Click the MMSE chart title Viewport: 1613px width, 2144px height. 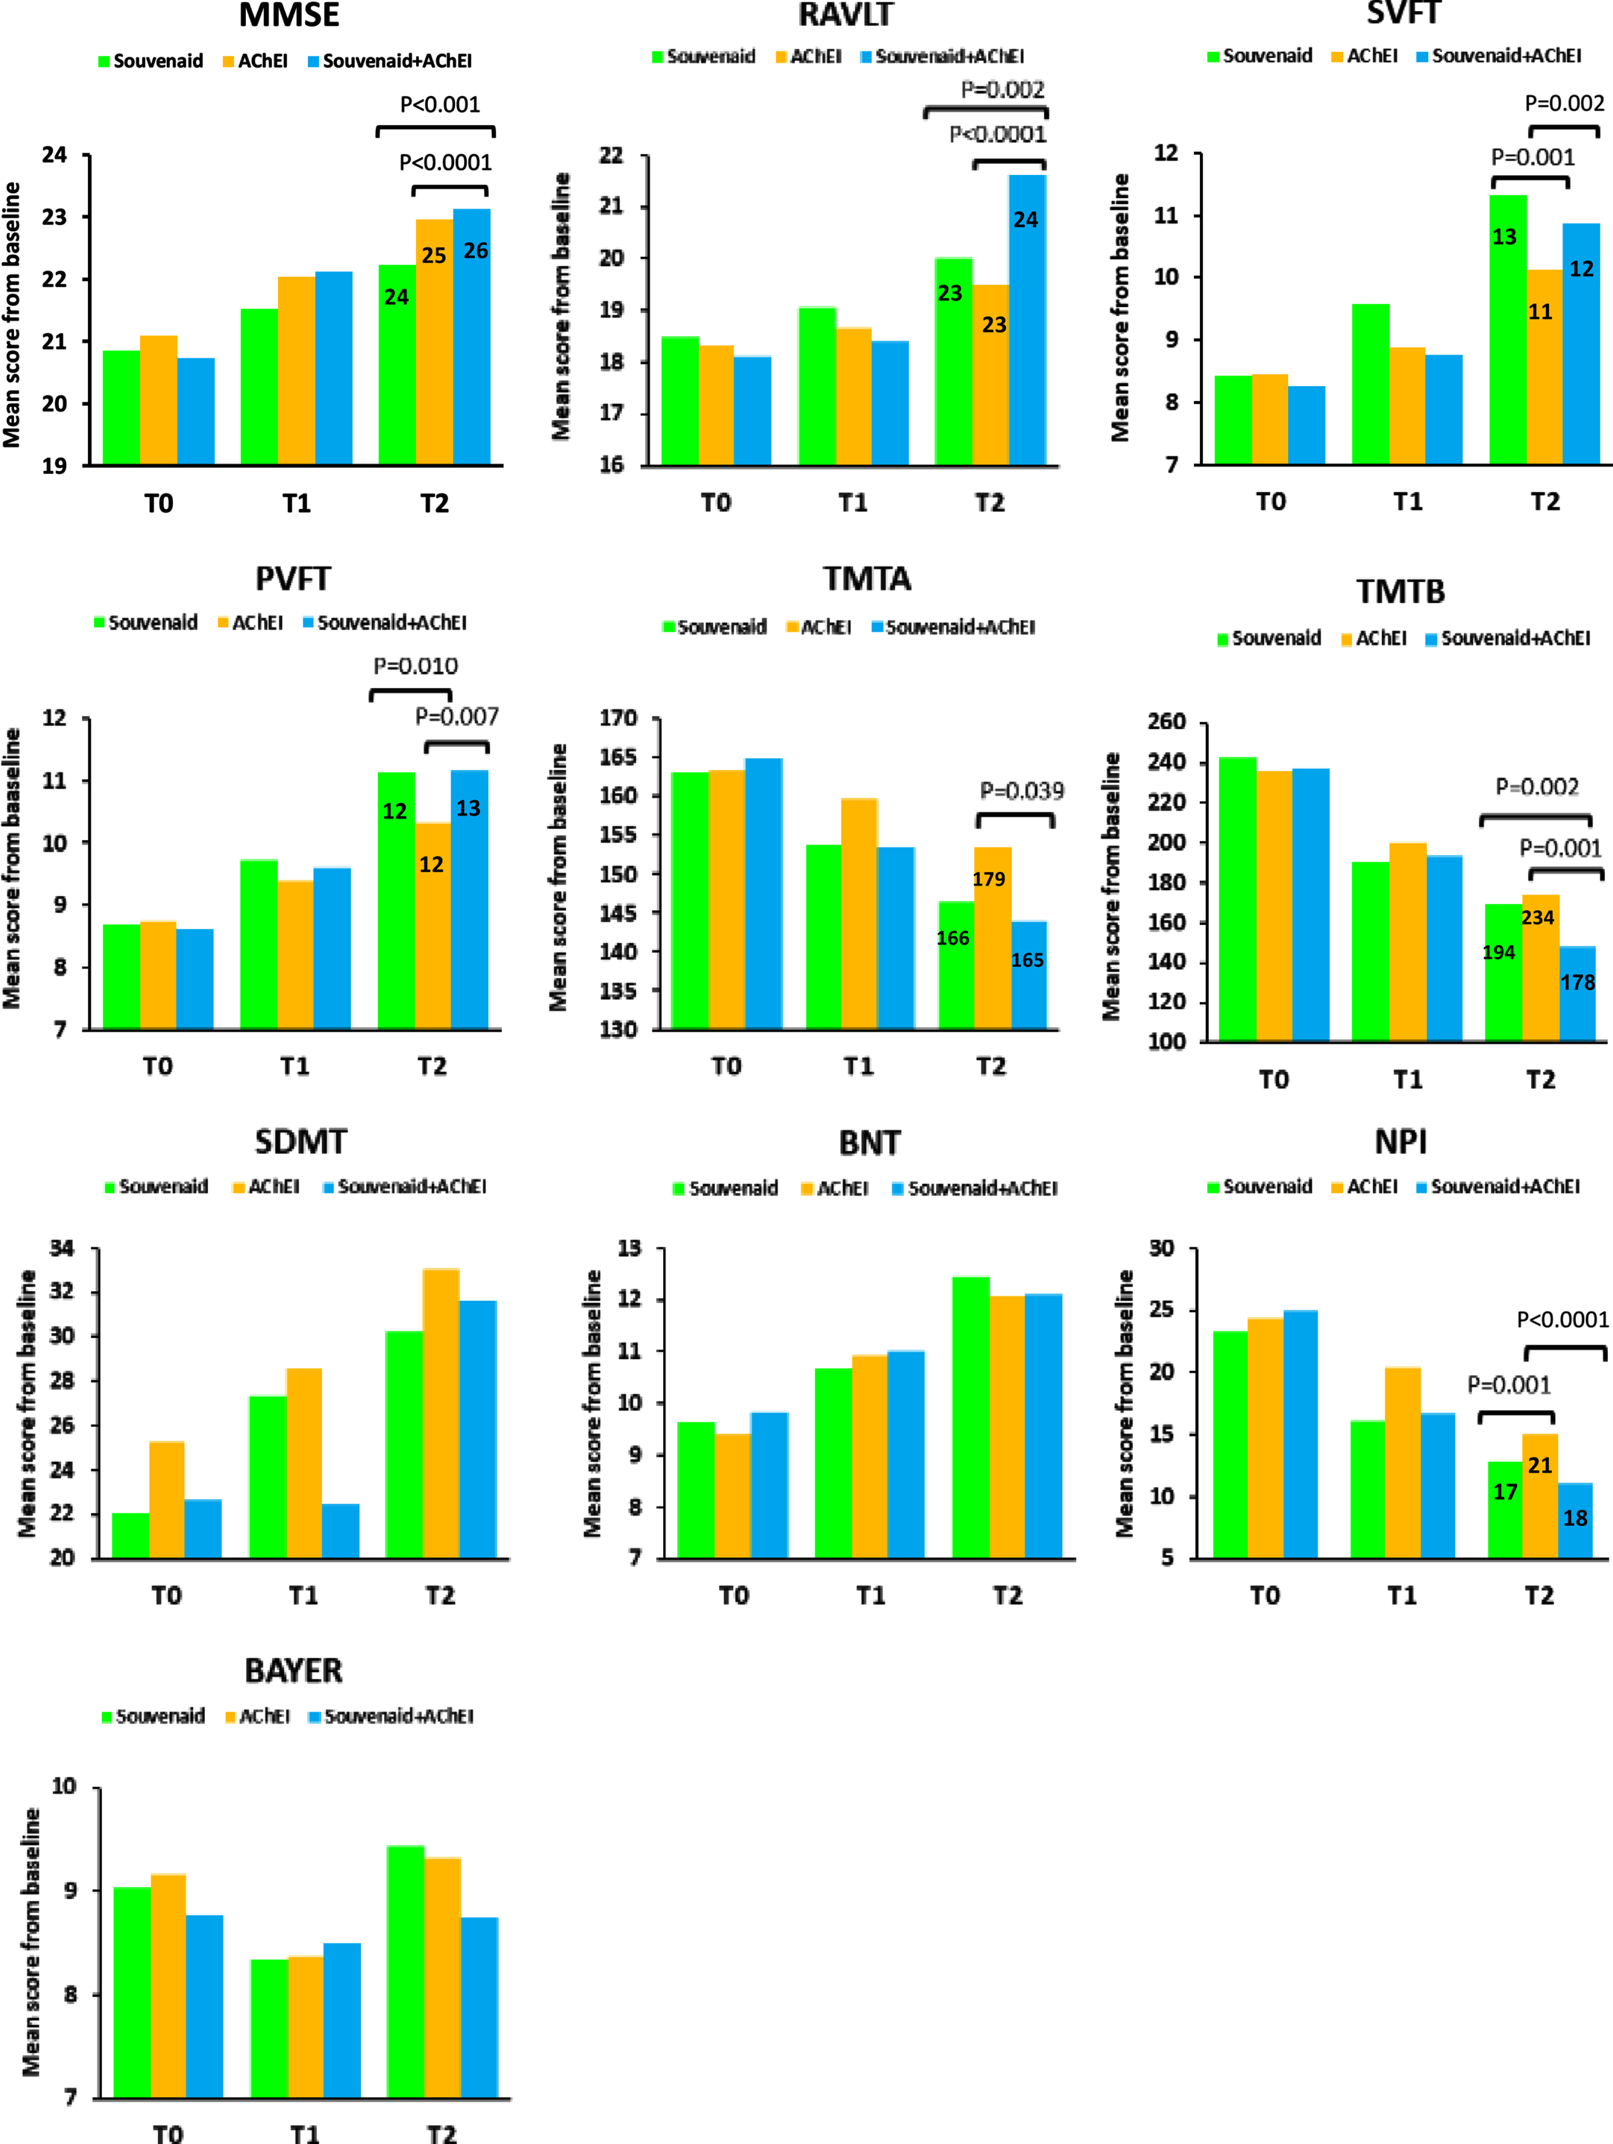click(289, 16)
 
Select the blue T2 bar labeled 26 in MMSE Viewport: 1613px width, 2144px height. click(472, 336)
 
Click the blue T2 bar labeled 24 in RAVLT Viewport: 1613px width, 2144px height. click(1028, 320)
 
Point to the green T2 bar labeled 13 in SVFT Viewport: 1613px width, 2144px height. click(1508, 329)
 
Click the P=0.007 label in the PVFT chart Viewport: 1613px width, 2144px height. click(457, 716)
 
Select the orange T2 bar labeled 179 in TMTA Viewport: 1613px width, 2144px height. click(993, 937)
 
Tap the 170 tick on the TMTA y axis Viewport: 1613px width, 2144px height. click(619, 718)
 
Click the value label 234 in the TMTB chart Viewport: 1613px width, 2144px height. click(1538, 917)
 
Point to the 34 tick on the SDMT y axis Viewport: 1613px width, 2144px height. click(62, 1248)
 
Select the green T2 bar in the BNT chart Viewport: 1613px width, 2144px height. click(972, 1417)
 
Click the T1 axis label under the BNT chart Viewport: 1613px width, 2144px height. click(870, 1595)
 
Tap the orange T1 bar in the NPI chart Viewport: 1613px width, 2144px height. click(1403, 1463)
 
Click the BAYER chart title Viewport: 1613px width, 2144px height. click(294, 1670)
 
